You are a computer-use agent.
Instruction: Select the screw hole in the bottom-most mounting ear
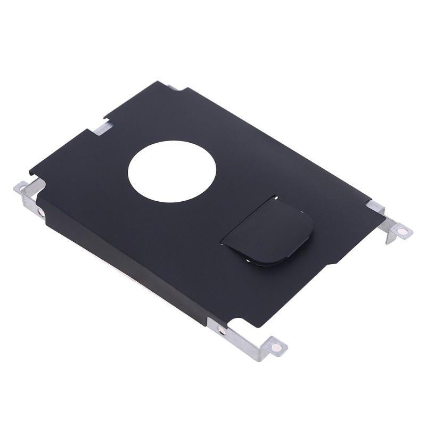click(x=276, y=347)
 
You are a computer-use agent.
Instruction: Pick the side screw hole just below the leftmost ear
click(x=41, y=212)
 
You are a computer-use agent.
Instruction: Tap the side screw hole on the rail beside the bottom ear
click(x=222, y=331)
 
